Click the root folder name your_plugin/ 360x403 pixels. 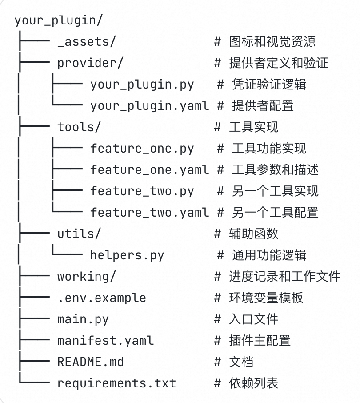pyautogui.click(x=59, y=20)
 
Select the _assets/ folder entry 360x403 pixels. pyautogui.click(x=87, y=42)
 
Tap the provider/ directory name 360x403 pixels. pyautogui.click(x=90, y=64)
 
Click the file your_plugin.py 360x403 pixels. pyautogui.click(x=142, y=85)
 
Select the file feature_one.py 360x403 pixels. pyautogui.click(x=142, y=149)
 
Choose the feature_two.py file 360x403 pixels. pyautogui.click(x=142, y=191)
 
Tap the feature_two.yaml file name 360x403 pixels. pyautogui.click(x=149, y=213)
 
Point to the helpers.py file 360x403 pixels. pyautogui.click(x=127, y=255)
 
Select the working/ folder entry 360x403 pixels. pyautogui.click(x=87, y=277)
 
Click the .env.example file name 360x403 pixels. pyautogui.click(x=102, y=298)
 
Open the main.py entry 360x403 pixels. pyautogui.click(x=83, y=319)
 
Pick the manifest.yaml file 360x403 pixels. pyautogui.click(x=105, y=341)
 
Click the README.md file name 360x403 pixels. pyautogui.click(x=91, y=362)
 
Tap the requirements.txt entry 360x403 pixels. pyautogui.click(x=116, y=383)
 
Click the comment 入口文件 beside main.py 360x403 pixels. pyautogui.click(x=254, y=319)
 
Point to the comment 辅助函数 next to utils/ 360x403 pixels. pyautogui.click(x=254, y=234)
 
